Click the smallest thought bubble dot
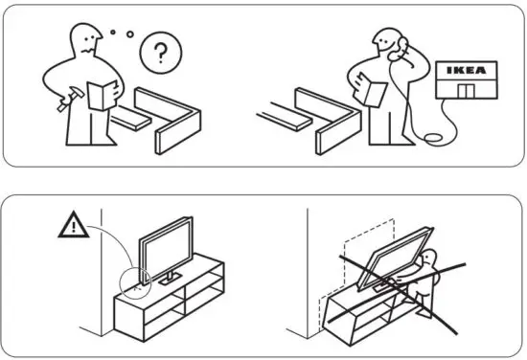tap(114, 32)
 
